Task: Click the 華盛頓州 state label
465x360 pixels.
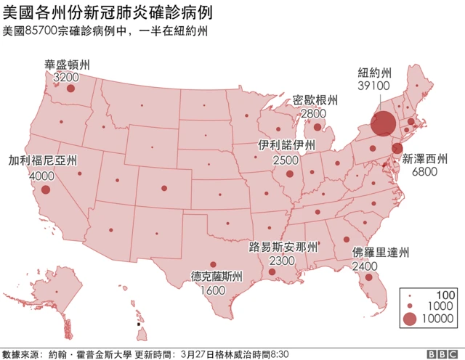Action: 68,64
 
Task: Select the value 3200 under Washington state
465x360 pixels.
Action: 66,77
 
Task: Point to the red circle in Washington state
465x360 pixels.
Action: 70,89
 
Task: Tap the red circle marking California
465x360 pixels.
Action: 46,189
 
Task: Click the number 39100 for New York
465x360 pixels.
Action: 374,86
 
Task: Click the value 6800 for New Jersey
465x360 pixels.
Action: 424,172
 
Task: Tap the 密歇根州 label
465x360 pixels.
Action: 315,100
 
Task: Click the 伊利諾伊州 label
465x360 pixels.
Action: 287,145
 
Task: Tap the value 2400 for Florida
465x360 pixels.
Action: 364,266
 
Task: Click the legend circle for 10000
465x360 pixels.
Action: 410,318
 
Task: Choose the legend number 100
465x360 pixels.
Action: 445,294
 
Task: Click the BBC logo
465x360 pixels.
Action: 441,353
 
